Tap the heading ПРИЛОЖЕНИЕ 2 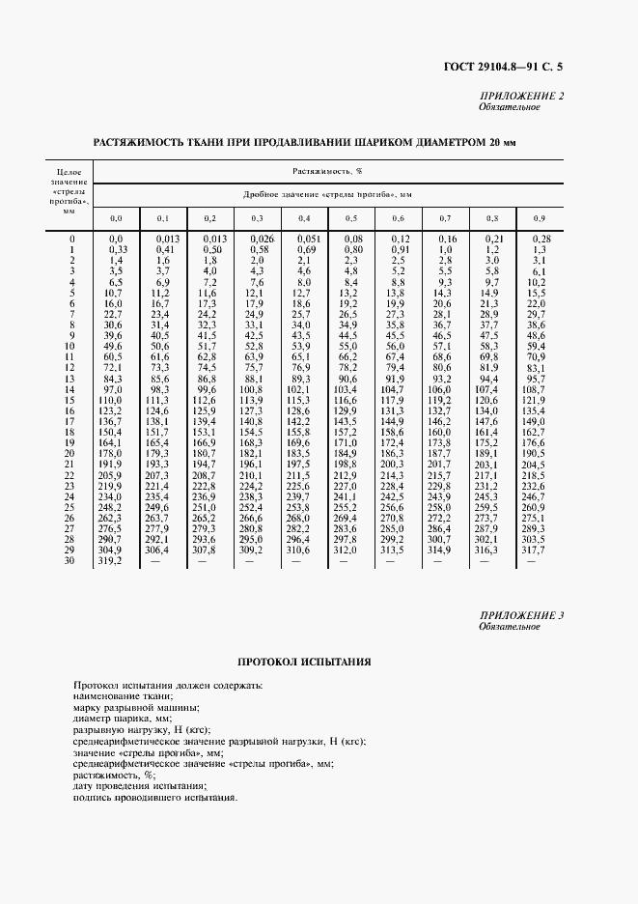pos(521,96)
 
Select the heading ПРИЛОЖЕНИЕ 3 pos(521,615)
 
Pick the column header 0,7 pos(445,218)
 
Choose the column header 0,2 pos(209,218)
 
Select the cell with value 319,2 pos(115,560)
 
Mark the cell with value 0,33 pos(115,249)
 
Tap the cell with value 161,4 pos(487,432)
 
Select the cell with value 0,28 pos(540,239)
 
